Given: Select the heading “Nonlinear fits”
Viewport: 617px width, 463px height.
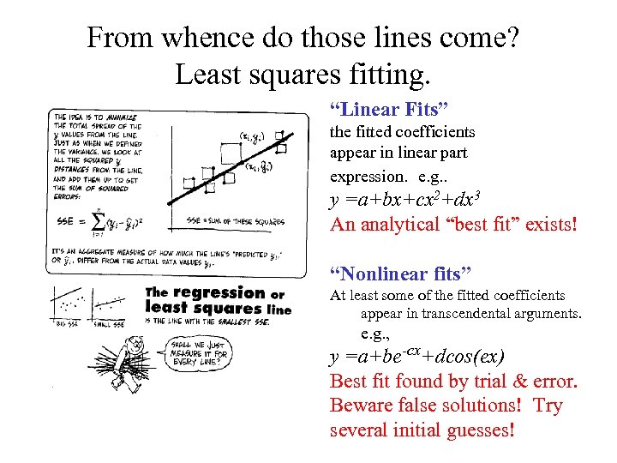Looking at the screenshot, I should click(x=401, y=274).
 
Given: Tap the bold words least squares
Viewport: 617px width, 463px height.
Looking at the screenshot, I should click(x=197, y=309).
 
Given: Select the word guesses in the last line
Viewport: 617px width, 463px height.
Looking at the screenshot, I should click(x=477, y=429).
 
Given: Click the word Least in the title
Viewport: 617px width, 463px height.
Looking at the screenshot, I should click(x=206, y=75).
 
